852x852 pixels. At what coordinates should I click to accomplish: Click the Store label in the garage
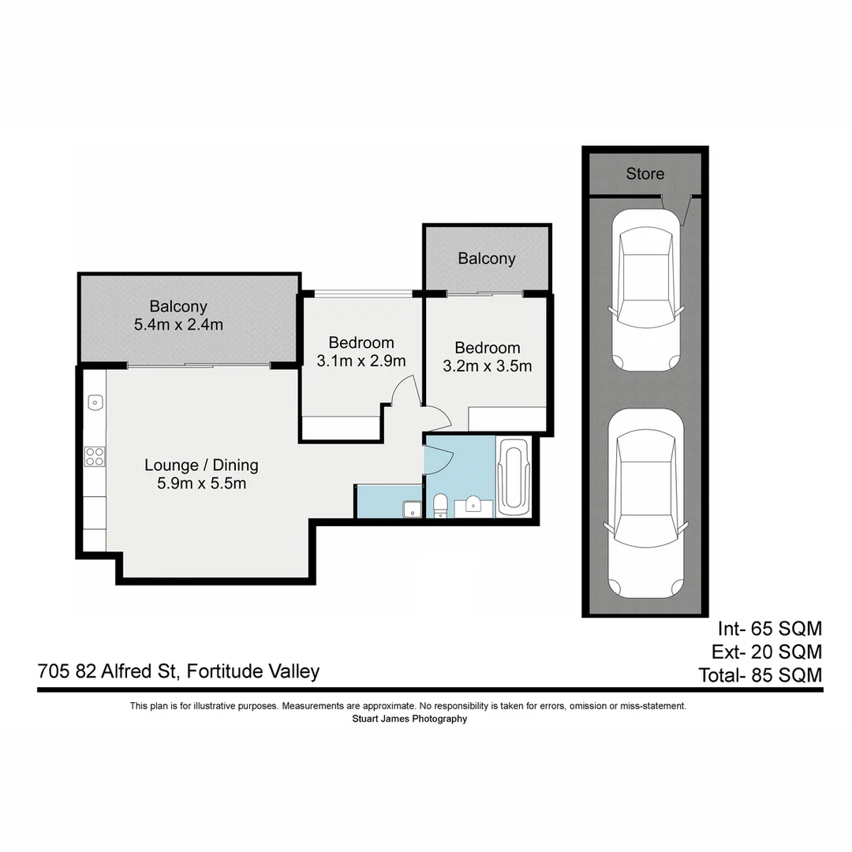pos(645,174)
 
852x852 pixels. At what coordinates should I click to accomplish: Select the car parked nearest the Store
pos(645,290)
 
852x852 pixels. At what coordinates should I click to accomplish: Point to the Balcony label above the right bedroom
pos(487,259)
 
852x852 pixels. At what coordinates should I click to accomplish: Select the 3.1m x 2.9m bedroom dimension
pos(361,361)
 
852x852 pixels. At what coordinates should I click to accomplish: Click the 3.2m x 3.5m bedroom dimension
pos(488,366)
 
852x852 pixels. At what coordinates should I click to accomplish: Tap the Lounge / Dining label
pos(201,465)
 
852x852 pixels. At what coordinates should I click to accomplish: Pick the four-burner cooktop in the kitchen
pos(95,456)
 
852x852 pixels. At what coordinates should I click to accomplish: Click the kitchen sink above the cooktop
pos(94,402)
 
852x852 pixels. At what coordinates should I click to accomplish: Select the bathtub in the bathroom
pos(514,477)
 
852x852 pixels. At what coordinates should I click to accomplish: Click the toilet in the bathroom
pos(441,505)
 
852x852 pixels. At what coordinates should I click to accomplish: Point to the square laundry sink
pos(411,509)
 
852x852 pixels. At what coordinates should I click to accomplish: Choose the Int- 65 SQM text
pos(769,629)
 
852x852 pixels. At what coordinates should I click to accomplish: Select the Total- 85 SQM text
pos(760,675)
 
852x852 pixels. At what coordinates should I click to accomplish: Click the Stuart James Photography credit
pos(409,719)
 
